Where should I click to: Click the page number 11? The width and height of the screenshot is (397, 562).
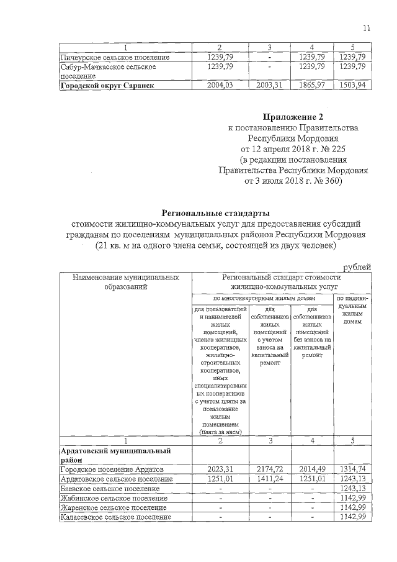367,27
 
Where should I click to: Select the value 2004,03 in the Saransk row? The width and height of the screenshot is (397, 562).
219,86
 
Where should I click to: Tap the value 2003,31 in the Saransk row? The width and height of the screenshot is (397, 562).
269,86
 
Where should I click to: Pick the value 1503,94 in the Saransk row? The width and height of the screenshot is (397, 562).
352,86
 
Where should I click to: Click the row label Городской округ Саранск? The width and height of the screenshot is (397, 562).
106,86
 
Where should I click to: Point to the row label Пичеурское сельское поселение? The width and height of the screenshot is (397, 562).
107,57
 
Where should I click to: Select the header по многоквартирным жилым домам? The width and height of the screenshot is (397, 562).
263,299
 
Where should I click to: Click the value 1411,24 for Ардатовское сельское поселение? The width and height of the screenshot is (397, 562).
269,479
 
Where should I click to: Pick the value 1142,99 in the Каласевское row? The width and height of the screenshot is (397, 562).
352,517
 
